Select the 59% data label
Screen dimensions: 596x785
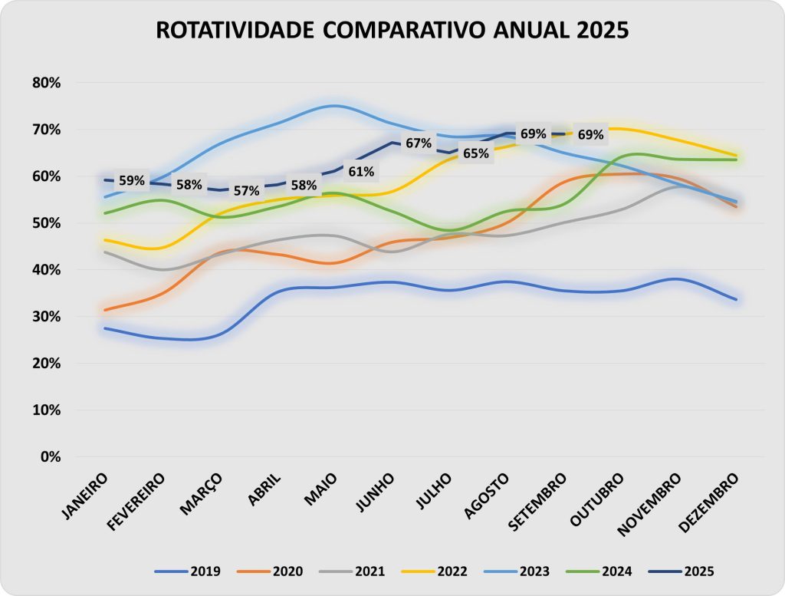pos(132,181)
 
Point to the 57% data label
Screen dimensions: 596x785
pos(247,190)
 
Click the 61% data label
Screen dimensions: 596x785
pos(361,171)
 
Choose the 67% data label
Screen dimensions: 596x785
pos(419,143)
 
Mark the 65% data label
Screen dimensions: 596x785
pos(475,153)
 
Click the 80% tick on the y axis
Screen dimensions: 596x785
pos(45,83)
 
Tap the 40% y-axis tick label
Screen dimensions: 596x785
pos(45,270)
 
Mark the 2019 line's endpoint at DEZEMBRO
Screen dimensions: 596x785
pos(736,299)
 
